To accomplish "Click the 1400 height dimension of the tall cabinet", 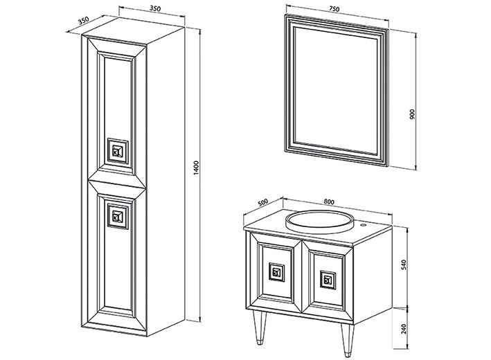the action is (x=196, y=168).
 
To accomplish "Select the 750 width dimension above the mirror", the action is (x=334, y=9).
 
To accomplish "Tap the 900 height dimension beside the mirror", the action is (x=412, y=114).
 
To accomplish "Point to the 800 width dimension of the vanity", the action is (x=329, y=202).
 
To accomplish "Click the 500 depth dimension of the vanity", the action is (x=262, y=202).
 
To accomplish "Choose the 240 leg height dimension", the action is (x=404, y=329).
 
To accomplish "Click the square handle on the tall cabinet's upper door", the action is (x=118, y=152).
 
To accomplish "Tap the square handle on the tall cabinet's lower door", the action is (x=118, y=216).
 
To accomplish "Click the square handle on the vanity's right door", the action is (x=328, y=280).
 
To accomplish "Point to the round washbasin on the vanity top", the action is (x=320, y=221).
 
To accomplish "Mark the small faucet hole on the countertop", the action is (x=364, y=225).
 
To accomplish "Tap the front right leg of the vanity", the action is (x=347, y=340).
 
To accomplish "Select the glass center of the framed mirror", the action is (x=336, y=91).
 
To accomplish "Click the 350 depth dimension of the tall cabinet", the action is (x=84, y=21).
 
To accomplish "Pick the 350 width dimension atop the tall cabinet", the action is (x=155, y=8).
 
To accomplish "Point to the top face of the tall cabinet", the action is (x=134, y=30).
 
